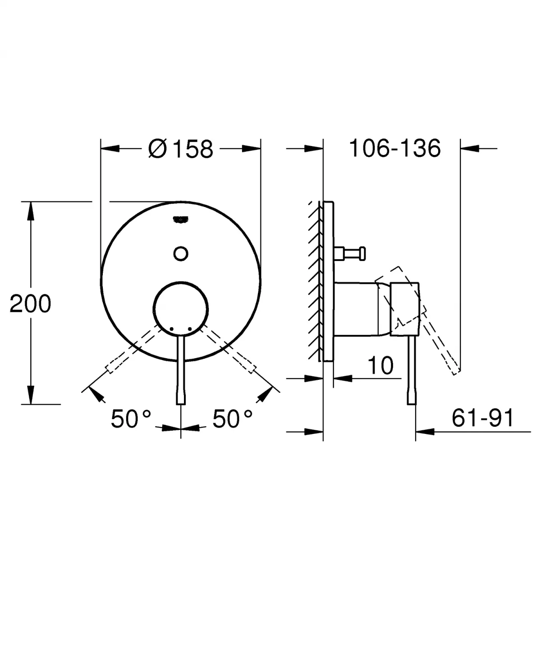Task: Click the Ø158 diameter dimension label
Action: tap(180, 149)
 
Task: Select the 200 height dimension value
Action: tap(31, 304)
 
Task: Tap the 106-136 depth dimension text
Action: tap(395, 148)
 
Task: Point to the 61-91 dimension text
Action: tap(482, 418)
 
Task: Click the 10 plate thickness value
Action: tap(381, 365)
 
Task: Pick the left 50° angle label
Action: tap(131, 419)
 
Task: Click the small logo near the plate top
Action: tap(181, 219)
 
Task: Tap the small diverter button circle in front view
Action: tap(181, 253)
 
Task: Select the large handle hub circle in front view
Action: tap(181, 308)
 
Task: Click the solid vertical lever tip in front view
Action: tap(181, 397)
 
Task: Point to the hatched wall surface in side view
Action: tap(314, 279)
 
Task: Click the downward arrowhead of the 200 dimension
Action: tap(31, 395)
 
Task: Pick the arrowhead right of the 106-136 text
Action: tap(470, 148)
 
